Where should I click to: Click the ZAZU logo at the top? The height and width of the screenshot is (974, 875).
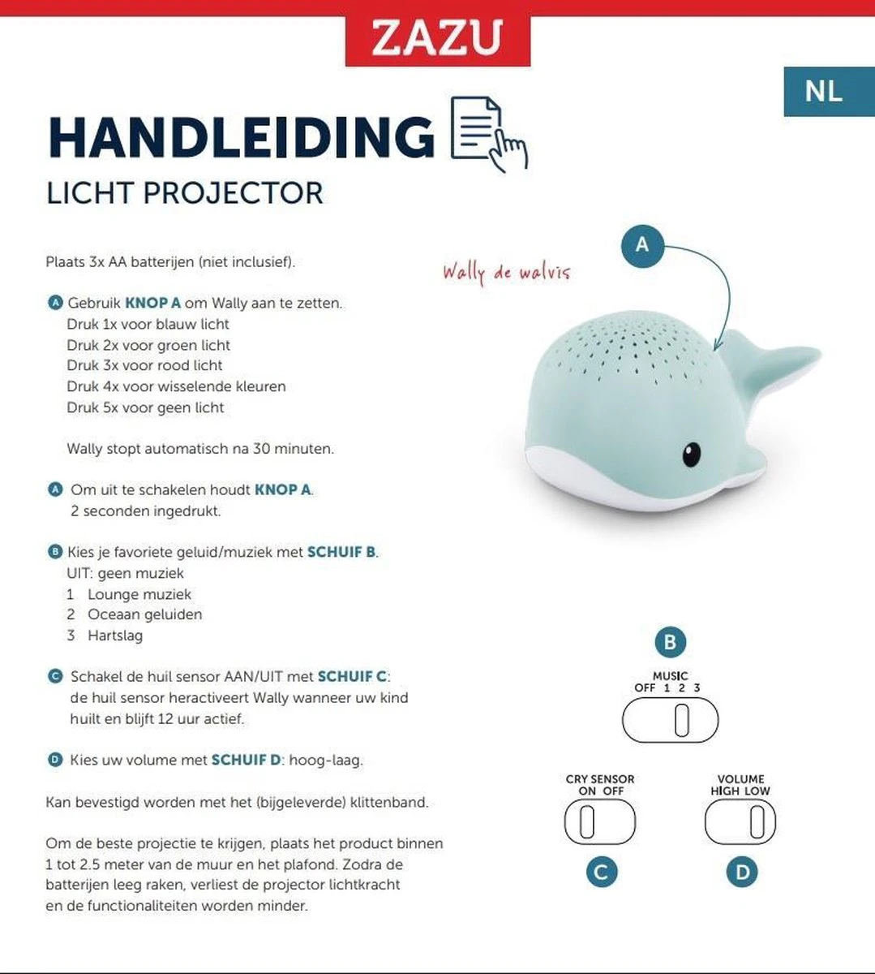click(x=437, y=38)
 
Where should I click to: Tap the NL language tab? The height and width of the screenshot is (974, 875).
click(x=823, y=91)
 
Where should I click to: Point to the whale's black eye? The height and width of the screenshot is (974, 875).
click(x=691, y=455)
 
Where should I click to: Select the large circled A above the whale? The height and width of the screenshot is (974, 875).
click(x=641, y=244)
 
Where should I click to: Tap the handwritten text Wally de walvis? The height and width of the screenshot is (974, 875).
click(x=506, y=271)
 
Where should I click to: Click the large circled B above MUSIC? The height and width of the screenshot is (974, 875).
click(x=670, y=643)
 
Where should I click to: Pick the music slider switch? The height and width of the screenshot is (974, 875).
click(x=670, y=720)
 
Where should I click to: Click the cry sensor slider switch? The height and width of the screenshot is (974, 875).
click(x=600, y=821)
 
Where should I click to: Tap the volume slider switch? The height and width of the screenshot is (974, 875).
click(x=740, y=821)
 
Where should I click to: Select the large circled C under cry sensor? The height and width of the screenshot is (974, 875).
click(x=601, y=873)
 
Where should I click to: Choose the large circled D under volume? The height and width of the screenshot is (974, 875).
click(x=741, y=873)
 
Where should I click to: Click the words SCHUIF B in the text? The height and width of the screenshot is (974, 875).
click(x=341, y=552)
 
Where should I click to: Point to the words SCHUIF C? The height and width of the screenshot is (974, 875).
click(x=352, y=676)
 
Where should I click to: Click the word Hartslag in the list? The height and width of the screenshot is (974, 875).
click(x=115, y=636)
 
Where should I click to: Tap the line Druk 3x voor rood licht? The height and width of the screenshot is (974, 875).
click(x=144, y=365)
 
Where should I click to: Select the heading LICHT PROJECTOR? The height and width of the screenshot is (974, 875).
click(x=185, y=193)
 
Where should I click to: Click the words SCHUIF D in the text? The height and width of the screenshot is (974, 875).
click(x=246, y=761)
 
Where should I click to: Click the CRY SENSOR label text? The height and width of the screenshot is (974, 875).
click(x=600, y=779)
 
